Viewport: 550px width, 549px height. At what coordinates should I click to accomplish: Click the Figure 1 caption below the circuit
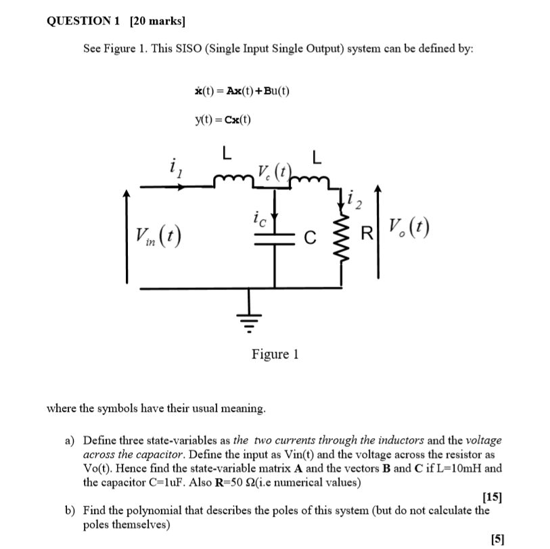pyautogui.click(x=275, y=354)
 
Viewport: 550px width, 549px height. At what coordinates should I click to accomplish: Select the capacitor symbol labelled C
pyautogui.click(x=275, y=237)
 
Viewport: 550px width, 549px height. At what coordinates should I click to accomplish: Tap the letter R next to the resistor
pyautogui.click(x=366, y=236)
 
